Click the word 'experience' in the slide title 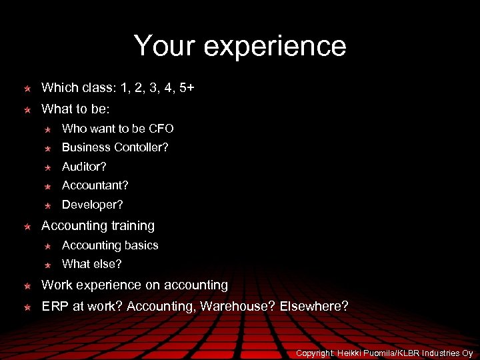tap(275, 46)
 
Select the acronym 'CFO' tap(161, 128)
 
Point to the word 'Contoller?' tap(141, 147)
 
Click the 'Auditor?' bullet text tap(84, 166)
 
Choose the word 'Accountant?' tap(95, 185)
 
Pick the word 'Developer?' tap(93, 205)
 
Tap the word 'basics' tap(141, 245)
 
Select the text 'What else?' tap(92, 264)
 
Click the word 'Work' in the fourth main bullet tap(56, 285)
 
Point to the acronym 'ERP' tap(54, 307)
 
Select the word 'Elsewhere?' tap(314, 307)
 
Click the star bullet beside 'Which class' tap(27, 88)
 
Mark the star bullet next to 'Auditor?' tap(48, 167)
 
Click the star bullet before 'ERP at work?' tap(27, 307)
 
